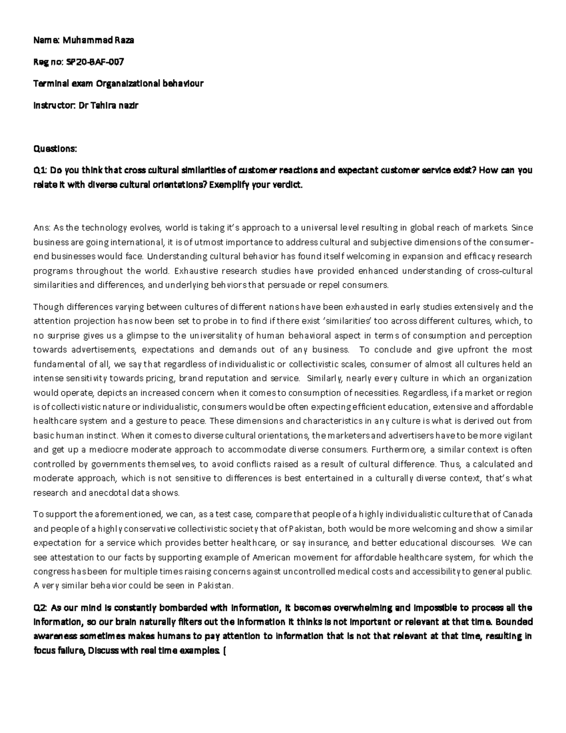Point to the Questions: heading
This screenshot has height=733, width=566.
pos(54,149)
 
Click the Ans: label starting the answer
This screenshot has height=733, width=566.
pos(41,228)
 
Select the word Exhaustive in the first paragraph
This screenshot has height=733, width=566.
pos(194,271)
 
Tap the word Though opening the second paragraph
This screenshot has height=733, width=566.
pos(47,307)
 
